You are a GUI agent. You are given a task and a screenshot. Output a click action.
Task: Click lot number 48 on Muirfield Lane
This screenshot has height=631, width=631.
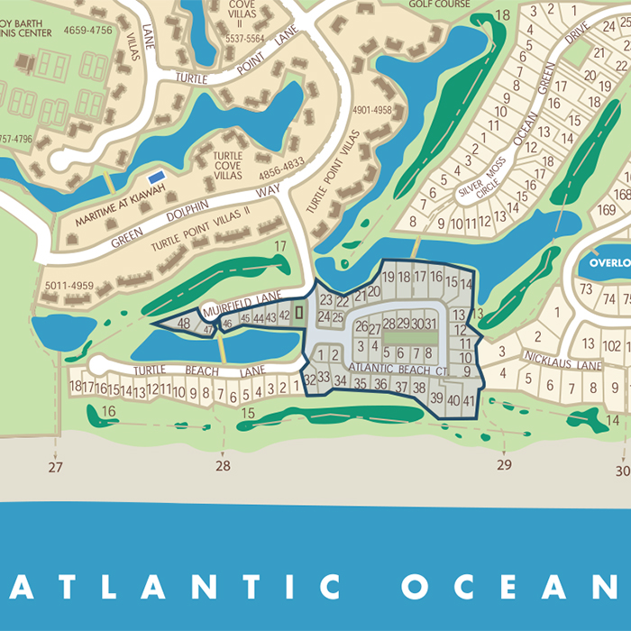[184, 324]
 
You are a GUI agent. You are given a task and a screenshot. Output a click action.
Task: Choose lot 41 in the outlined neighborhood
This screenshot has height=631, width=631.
[469, 400]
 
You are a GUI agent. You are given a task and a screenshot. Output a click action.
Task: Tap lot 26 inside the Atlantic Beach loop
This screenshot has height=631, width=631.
[361, 326]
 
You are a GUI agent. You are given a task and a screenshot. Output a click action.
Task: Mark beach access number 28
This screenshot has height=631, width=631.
[223, 466]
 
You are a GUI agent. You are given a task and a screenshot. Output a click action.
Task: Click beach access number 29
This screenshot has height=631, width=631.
[503, 465]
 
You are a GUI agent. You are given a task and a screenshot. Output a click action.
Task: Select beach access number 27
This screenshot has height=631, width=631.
[56, 467]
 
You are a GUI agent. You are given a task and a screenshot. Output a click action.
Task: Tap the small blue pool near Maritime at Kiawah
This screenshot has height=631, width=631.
[157, 173]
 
